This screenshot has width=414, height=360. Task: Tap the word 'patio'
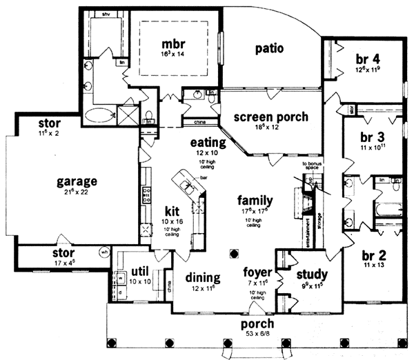269,48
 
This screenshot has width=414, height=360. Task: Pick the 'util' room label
141,272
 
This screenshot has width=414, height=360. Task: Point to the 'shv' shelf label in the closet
106,13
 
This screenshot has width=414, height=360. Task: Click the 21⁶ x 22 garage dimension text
77,194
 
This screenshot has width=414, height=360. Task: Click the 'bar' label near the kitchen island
204,177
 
